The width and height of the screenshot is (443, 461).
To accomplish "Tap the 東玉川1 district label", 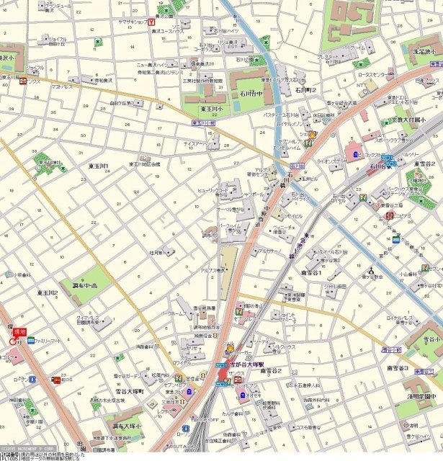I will pyautogui.click(x=98, y=166).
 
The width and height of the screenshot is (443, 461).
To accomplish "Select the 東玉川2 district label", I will pyautogui.click(x=48, y=292).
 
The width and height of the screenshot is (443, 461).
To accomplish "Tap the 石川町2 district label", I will pyautogui.click(x=305, y=90).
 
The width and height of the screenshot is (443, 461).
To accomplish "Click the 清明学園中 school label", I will pyautogui.click(x=421, y=395).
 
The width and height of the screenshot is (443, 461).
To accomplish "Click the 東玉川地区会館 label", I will pyautogui.click(x=145, y=164).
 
